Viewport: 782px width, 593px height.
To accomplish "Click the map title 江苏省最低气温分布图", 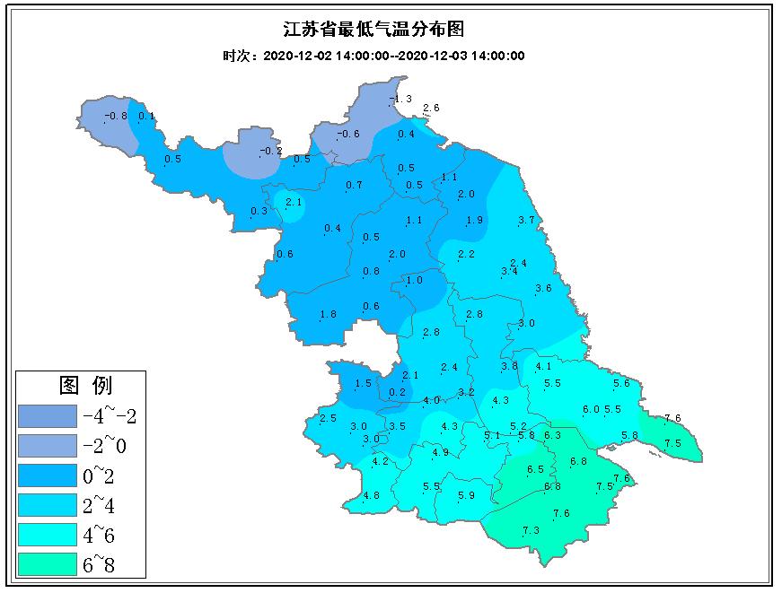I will click(x=374, y=30).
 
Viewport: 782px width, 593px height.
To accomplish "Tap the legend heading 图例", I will click(x=85, y=386).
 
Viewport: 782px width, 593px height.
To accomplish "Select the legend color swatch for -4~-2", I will click(x=47, y=415).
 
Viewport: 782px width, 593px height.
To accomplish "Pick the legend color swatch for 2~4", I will click(x=47, y=505).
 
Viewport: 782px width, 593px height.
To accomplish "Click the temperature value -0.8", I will click(x=117, y=116).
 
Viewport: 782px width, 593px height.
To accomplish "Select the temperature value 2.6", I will click(x=431, y=109).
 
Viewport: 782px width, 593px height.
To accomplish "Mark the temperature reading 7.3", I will click(x=530, y=531).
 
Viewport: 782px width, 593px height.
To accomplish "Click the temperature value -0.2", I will click(x=271, y=152).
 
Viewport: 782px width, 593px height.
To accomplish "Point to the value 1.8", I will click(x=328, y=314).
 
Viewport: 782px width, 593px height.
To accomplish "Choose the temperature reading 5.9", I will click(x=466, y=496).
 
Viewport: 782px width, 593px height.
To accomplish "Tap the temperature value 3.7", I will click(x=527, y=221).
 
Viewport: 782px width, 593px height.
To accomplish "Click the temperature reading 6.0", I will click(x=590, y=410).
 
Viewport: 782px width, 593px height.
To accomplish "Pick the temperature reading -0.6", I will click(x=347, y=135).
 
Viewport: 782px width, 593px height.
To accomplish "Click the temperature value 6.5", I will click(x=536, y=470).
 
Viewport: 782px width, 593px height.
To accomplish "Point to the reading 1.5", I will click(x=363, y=384).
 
